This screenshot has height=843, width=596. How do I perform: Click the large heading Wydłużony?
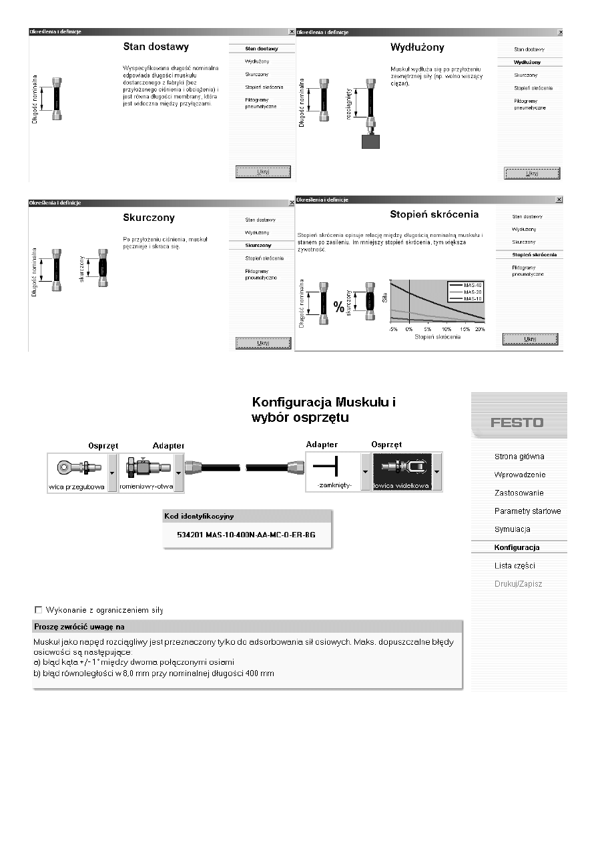click(x=417, y=47)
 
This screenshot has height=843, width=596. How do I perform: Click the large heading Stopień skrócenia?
click(x=434, y=215)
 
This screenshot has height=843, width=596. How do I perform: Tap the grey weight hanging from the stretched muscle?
click(x=370, y=141)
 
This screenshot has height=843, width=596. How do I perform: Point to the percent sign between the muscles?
click(x=339, y=308)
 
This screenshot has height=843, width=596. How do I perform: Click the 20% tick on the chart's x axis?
click(x=479, y=330)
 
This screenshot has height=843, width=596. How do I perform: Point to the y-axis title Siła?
click(x=384, y=300)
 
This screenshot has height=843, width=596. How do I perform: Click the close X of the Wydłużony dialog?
click(x=559, y=31)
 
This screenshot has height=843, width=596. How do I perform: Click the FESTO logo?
click(x=517, y=423)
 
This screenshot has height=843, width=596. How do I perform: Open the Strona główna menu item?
click(x=519, y=457)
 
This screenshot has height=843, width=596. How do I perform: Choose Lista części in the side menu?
click(x=514, y=566)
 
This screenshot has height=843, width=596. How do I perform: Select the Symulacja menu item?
click(x=512, y=529)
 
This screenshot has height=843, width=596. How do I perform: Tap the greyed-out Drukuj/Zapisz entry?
click(x=518, y=584)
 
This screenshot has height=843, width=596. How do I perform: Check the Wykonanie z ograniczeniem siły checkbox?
click(x=38, y=609)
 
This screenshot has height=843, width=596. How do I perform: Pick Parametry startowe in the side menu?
click(x=527, y=511)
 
